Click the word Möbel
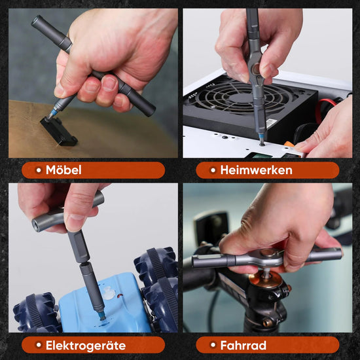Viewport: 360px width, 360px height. point(63,170)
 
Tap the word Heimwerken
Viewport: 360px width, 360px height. point(256,170)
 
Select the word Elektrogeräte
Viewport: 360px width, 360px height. point(86,346)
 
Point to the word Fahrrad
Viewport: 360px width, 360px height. point(243,346)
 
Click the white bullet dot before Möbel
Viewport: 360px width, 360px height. point(39,170)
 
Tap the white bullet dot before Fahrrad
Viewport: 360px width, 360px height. point(213,345)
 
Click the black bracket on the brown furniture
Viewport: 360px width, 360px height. point(59,132)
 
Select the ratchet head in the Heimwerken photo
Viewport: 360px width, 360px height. point(256,69)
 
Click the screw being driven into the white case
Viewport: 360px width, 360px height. point(262,145)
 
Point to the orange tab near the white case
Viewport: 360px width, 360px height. point(291,144)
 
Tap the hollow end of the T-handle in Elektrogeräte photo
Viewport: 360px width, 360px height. point(37,225)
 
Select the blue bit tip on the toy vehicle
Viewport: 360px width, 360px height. point(101,316)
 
